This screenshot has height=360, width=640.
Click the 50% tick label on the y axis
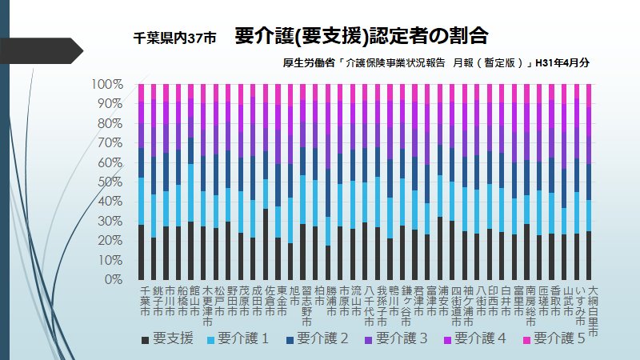point(108,182)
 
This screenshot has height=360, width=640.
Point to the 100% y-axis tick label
point(106,84)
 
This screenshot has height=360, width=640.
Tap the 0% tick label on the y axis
point(111,280)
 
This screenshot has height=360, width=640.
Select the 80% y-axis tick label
point(108,123)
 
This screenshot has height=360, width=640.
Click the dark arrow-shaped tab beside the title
point(48,50)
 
